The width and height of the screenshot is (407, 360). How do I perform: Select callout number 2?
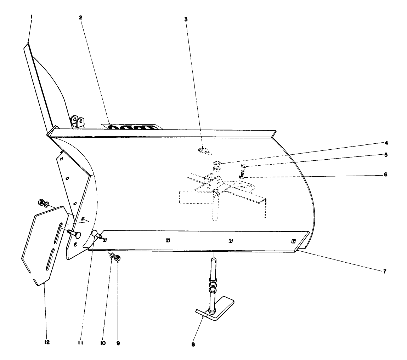click(x=81, y=17)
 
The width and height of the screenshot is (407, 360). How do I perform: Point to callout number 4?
click(x=386, y=143)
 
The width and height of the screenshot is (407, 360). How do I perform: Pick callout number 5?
click(x=386, y=155)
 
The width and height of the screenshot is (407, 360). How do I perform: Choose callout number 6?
click(x=386, y=175)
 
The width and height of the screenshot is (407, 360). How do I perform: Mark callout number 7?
click(x=384, y=272)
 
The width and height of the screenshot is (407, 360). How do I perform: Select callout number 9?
click(x=118, y=343)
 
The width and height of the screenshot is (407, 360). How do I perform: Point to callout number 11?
click(x=81, y=343)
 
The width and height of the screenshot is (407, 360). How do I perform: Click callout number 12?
click(x=47, y=342)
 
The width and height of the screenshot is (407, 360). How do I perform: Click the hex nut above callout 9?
click(x=118, y=258)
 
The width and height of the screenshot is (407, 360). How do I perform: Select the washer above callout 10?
click(x=112, y=255)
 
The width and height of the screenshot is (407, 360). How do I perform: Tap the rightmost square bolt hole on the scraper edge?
click(x=293, y=241)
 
